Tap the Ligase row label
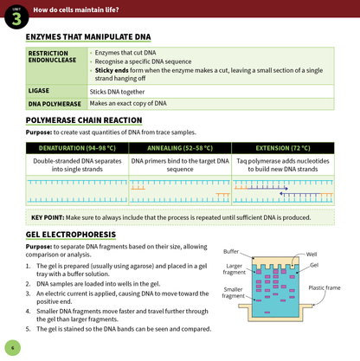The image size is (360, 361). click(40, 90)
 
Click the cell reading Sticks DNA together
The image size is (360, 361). click(120, 90)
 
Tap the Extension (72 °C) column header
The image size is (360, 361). click(282, 148)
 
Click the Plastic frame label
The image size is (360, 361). click(325, 287)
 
